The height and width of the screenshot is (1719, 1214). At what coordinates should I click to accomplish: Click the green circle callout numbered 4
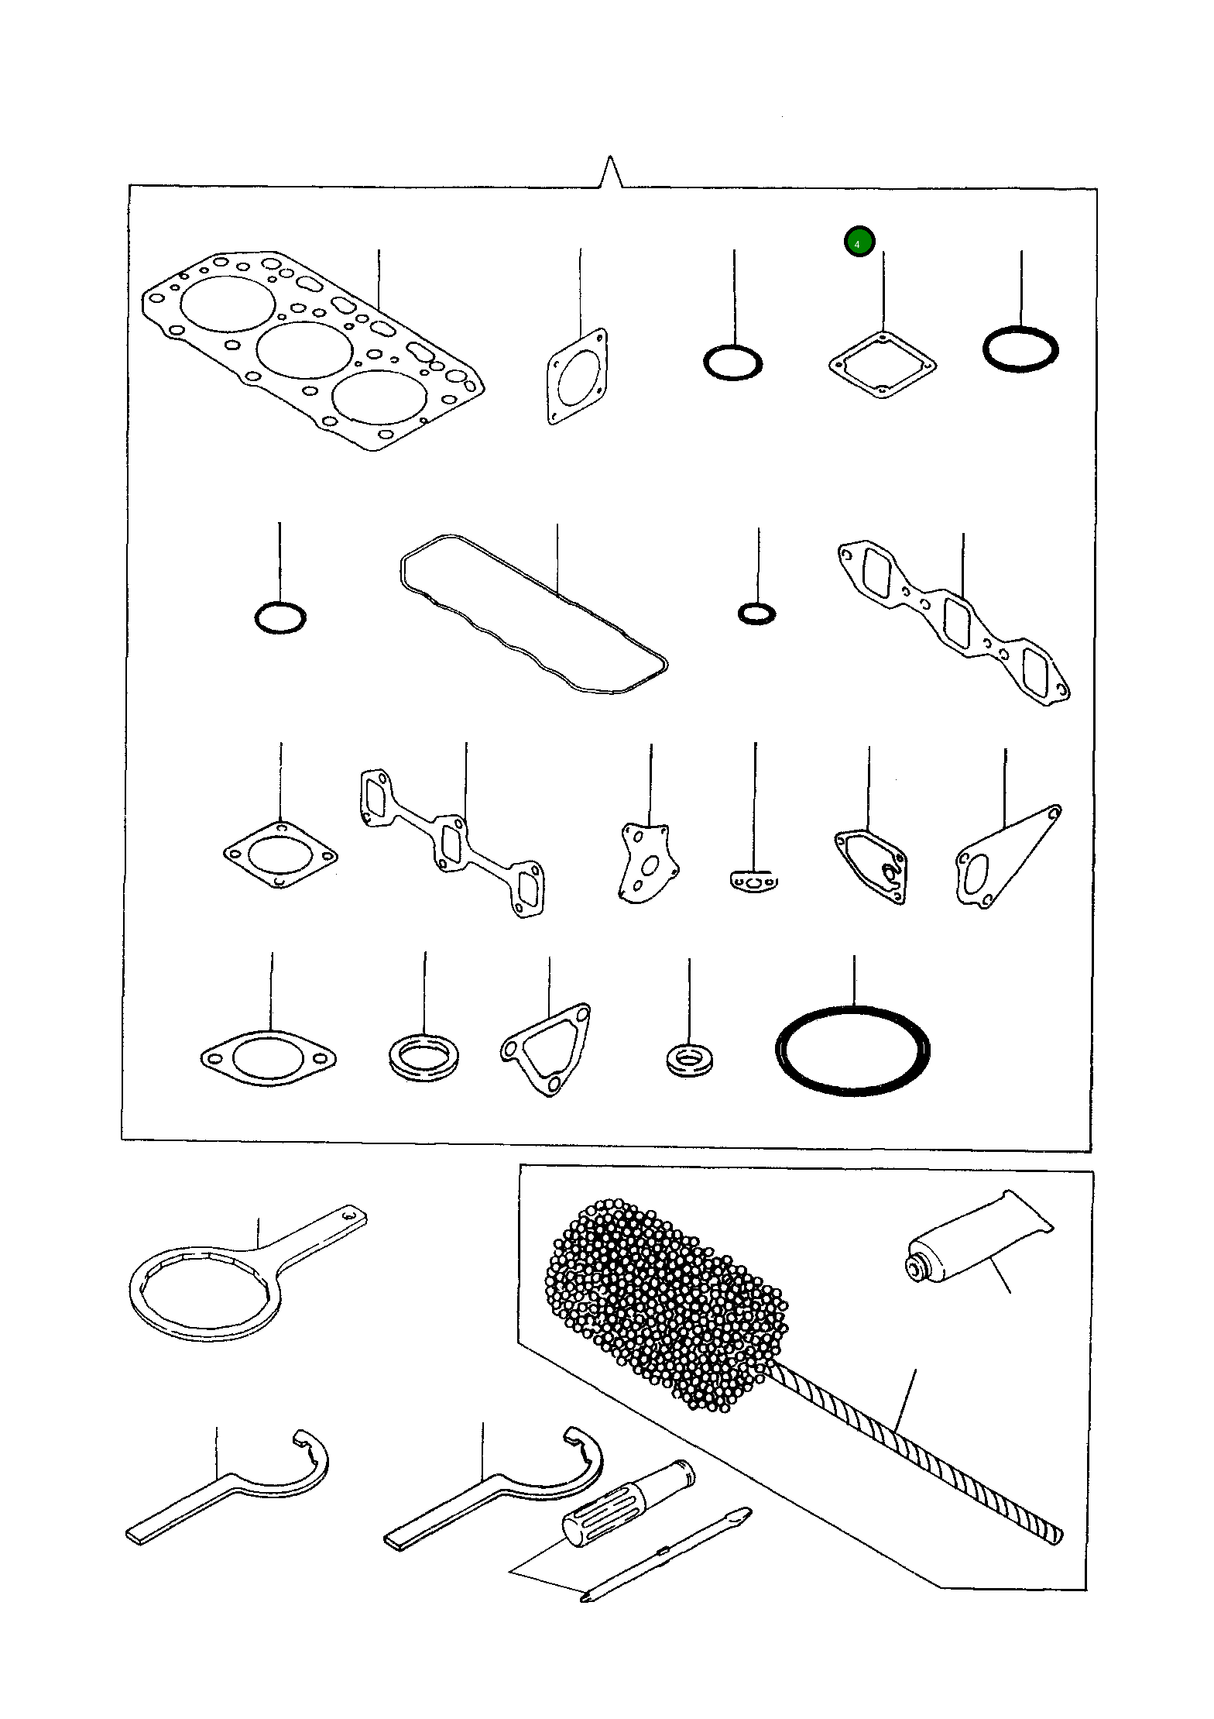click(x=859, y=242)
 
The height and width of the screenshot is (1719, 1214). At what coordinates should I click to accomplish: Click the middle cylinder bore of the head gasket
click(x=303, y=349)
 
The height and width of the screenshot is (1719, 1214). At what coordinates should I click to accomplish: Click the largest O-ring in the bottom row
click(x=852, y=1050)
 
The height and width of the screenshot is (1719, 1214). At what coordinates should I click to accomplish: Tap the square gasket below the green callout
click(x=882, y=365)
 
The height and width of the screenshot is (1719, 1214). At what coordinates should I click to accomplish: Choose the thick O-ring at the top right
click(x=1020, y=349)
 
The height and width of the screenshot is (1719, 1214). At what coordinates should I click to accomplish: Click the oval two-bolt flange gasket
click(x=268, y=1057)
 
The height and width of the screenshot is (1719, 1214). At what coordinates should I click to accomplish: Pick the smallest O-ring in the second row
click(x=756, y=614)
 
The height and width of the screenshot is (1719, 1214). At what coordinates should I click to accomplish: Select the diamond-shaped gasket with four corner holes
click(x=280, y=855)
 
